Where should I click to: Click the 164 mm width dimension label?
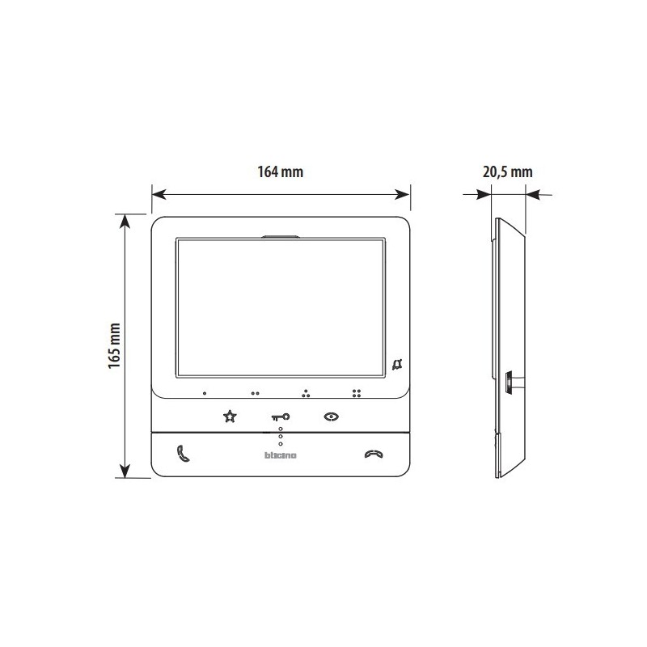click(x=281, y=172)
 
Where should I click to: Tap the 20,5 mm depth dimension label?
click(x=508, y=172)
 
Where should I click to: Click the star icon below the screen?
click(x=230, y=417)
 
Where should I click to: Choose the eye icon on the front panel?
click(x=331, y=417)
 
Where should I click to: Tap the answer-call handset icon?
click(x=182, y=454)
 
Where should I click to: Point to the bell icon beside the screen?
click(x=396, y=364)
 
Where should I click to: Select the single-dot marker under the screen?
click(x=205, y=394)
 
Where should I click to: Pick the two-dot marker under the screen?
click(x=255, y=394)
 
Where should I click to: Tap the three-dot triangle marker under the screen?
click(x=306, y=394)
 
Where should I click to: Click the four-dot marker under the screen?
click(x=356, y=394)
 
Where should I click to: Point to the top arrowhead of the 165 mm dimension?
click(x=124, y=219)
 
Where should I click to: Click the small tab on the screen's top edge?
click(x=280, y=238)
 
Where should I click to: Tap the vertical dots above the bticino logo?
click(x=281, y=437)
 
